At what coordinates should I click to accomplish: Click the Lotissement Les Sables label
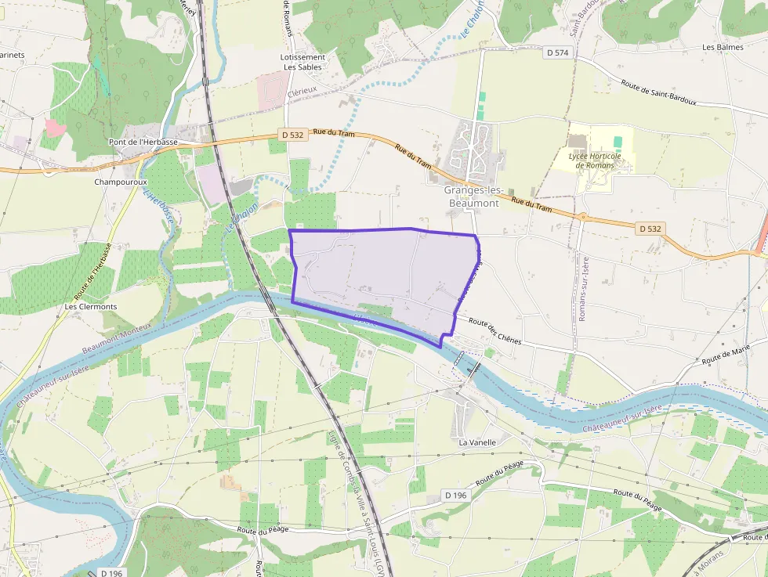tap(302, 62)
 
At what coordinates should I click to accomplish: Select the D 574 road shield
tap(558, 52)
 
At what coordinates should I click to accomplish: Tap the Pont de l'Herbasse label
tap(143, 142)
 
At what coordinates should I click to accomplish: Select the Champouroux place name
tap(120, 182)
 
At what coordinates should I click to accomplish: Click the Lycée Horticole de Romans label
tap(594, 160)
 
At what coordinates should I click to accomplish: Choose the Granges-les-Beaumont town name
tap(471, 197)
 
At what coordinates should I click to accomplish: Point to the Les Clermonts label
tap(91, 306)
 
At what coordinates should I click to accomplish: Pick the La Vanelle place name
tap(477, 442)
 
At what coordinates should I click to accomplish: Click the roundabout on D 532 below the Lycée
tap(582, 217)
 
